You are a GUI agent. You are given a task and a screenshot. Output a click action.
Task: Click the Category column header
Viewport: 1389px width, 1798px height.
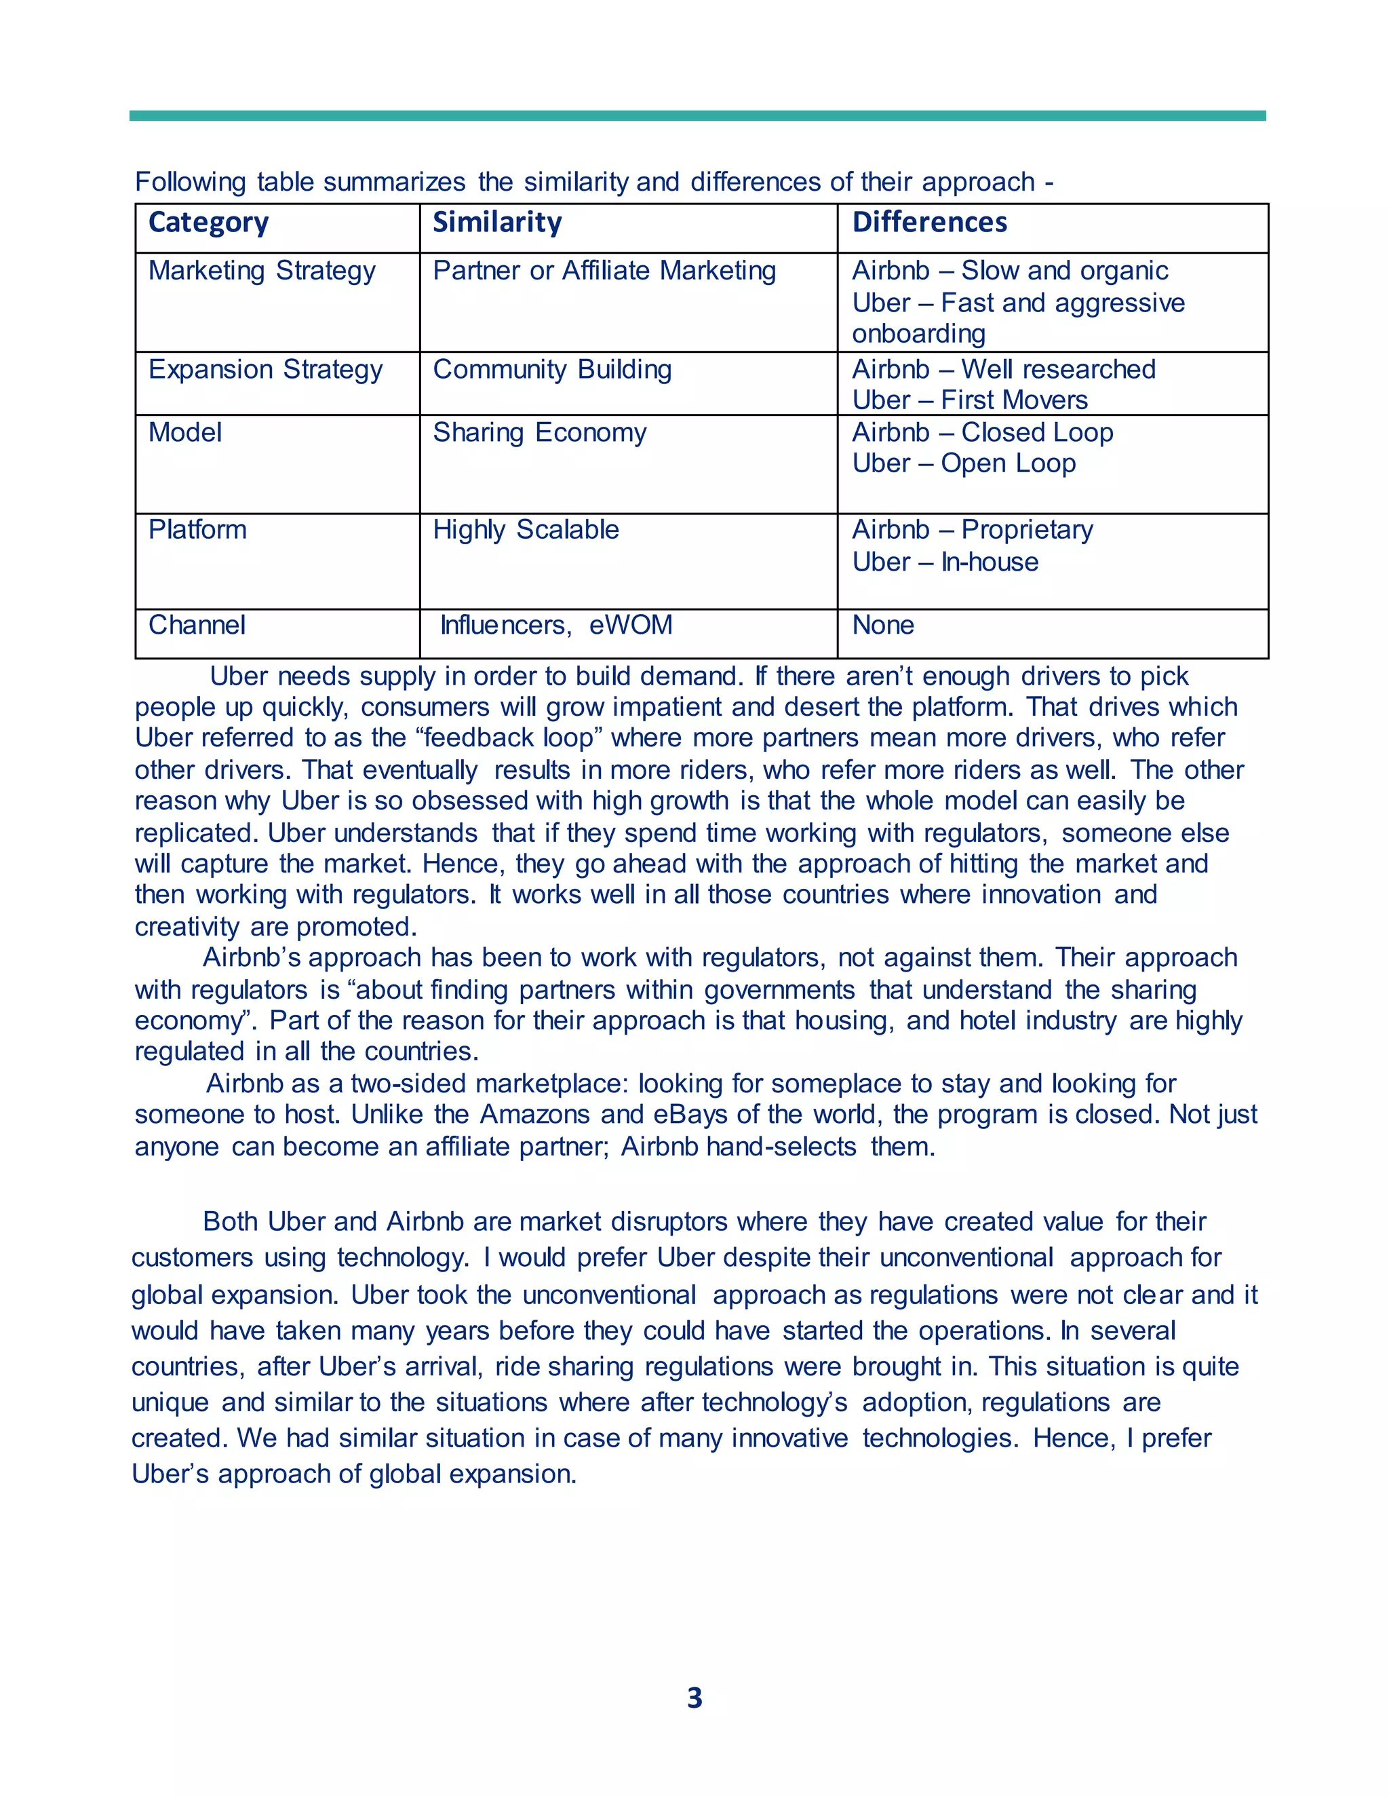[208, 223]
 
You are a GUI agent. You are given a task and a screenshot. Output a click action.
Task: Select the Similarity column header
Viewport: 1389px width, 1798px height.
[497, 223]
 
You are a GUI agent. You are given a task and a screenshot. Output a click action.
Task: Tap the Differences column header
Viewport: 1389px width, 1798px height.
[929, 223]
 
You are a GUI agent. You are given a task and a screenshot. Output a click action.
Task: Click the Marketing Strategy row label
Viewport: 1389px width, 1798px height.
[262, 271]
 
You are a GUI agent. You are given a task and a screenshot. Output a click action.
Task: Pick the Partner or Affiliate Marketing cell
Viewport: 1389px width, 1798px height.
[604, 271]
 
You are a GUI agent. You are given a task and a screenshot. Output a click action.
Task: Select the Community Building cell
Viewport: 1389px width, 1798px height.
[552, 370]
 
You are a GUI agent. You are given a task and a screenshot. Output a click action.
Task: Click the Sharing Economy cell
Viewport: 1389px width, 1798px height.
[540, 433]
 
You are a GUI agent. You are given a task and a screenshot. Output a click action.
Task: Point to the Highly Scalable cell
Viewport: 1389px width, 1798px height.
[526, 530]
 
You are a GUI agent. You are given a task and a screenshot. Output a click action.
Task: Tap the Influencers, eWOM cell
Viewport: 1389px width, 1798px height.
[556, 626]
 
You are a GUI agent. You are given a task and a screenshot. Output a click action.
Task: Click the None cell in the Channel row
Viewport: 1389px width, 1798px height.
[883, 626]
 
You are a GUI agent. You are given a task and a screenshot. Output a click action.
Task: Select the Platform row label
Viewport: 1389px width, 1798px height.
[197, 530]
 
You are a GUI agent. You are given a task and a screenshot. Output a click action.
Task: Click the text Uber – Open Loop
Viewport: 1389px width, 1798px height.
[964, 464]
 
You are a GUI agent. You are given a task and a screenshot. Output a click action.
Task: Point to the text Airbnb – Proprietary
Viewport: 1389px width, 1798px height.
[973, 530]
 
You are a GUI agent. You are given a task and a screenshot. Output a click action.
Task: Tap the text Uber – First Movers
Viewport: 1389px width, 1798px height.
[969, 401]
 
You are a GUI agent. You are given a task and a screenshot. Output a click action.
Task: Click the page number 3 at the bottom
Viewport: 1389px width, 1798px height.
[694, 1698]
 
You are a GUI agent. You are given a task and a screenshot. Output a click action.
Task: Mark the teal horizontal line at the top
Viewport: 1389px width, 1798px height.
[697, 116]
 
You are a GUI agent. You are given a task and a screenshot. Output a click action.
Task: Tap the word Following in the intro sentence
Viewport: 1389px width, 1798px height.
[190, 182]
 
